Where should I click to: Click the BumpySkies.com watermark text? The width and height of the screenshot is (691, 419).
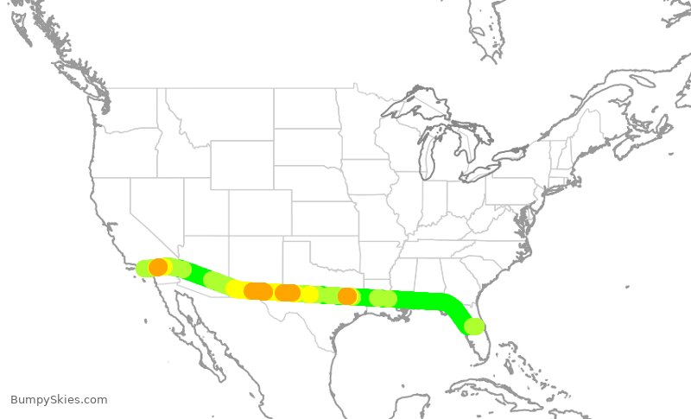pyautogui.click(x=59, y=399)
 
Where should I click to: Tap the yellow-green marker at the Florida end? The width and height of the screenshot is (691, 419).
pyautogui.click(x=474, y=326)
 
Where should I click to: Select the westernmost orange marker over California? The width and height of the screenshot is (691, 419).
pyautogui.click(x=158, y=268)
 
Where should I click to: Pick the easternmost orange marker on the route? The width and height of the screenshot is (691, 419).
pyautogui.click(x=347, y=296)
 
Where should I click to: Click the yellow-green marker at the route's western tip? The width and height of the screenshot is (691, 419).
pyautogui.click(x=144, y=269)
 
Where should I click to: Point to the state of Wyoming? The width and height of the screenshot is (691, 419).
pyautogui.click(x=242, y=164)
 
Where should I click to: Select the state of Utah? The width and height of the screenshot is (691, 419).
pyautogui.click(x=206, y=207)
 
